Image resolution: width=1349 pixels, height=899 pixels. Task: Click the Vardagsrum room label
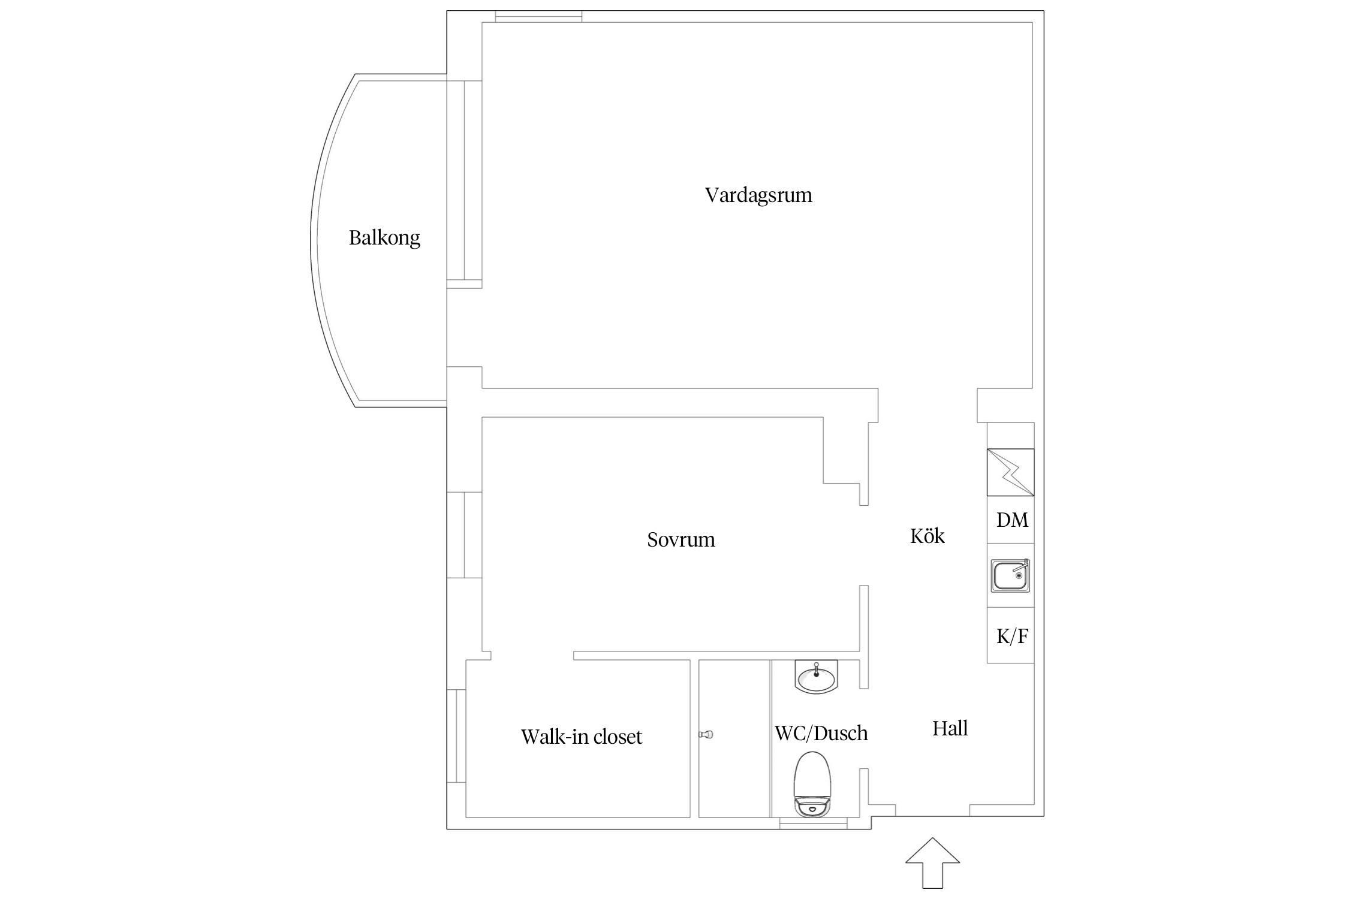tap(758, 195)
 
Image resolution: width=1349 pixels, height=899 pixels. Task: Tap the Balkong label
tap(384, 238)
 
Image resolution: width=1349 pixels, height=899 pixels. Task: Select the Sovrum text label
tap(681, 540)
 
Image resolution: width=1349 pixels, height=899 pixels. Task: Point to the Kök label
tap(927, 536)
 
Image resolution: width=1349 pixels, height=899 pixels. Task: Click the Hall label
tap(950, 729)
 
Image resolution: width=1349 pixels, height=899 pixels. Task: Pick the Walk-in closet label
tap(581, 737)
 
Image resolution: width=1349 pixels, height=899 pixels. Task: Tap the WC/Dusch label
tap(821, 733)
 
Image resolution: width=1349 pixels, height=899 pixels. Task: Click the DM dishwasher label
tap(1012, 520)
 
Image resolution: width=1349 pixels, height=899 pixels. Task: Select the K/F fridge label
tap(1012, 636)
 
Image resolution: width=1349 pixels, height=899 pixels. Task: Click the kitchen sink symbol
tap(1011, 576)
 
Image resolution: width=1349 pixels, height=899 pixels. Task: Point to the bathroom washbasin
tap(816, 677)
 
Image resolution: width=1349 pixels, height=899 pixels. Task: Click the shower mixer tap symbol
tap(706, 734)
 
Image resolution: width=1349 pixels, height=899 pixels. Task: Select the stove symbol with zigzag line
tap(1011, 472)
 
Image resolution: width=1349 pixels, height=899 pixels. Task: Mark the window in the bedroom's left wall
tap(465, 535)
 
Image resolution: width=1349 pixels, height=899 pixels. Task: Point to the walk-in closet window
tap(457, 736)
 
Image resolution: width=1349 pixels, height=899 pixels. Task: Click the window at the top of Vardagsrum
tap(538, 17)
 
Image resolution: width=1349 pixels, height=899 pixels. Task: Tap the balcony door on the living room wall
tap(465, 180)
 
